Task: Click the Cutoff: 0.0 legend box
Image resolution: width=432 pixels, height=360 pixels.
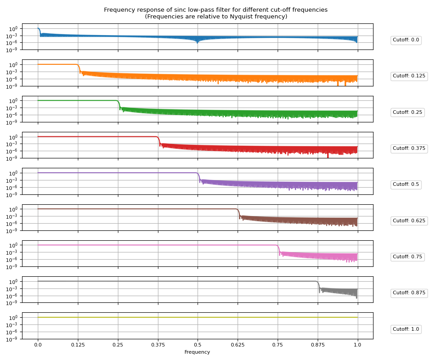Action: [x=405, y=40]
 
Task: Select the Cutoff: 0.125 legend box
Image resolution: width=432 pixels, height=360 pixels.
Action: [x=409, y=76]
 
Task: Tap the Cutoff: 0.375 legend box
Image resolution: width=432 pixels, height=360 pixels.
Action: [x=409, y=148]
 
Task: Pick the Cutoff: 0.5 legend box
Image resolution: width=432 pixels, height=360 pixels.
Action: [x=405, y=184]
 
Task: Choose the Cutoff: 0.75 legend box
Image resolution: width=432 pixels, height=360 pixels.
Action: [x=407, y=256]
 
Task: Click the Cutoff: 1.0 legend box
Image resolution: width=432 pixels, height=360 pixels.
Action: [x=405, y=329]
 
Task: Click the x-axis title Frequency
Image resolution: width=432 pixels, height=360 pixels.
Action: [x=197, y=352]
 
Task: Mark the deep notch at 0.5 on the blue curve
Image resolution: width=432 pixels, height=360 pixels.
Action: [x=198, y=41]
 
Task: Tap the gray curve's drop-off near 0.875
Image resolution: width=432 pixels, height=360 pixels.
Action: [x=319, y=286]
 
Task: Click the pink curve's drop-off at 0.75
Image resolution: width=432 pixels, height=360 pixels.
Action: [x=279, y=250]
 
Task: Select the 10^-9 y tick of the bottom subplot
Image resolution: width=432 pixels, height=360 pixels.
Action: [x=13, y=339]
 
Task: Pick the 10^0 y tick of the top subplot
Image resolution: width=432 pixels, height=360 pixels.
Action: [x=13, y=28]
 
